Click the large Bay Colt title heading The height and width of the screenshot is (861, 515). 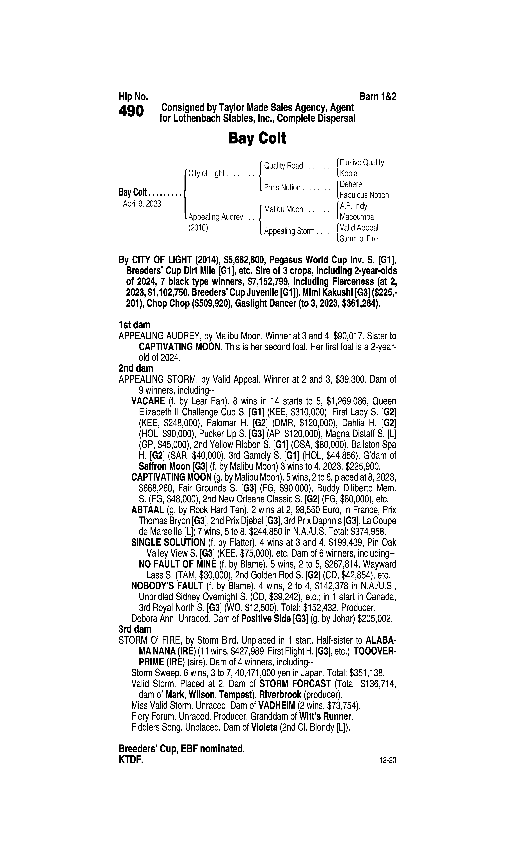click(257, 138)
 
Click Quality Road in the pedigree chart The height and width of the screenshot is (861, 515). click(284, 166)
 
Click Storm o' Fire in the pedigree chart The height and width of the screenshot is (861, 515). click(359, 239)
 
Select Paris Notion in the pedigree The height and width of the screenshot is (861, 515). click(282, 188)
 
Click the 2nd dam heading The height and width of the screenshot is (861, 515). click(136, 368)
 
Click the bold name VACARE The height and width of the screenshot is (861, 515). click(148, 401)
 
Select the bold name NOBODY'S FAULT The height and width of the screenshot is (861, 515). click(167, 586)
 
